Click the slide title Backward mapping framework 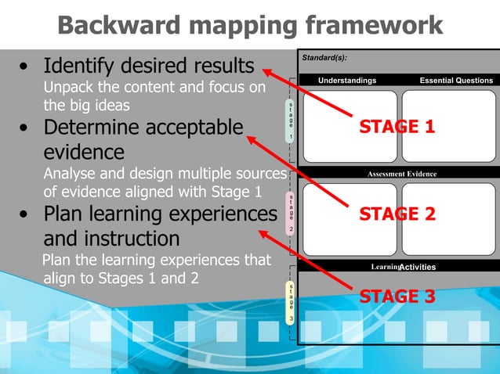(x=250, y=25)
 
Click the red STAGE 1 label (x=397, y=127)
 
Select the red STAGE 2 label (x=397, y=214)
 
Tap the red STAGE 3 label (x=397, y=297)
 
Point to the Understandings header (x=347, y=81)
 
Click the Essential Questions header (x=456, y=81)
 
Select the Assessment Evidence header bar (x=401, y=174)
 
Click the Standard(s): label (x=324, y=58)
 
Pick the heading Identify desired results (x=148, y=65)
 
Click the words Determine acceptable (x=143, y=127)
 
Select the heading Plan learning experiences (x=160, y=214)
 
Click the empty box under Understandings (x=350, y=125)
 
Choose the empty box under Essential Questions (x=449, y=125)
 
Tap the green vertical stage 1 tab (x=291, y=120)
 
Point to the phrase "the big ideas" (x=86, y=104)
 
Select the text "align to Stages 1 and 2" (x=120, y=276)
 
